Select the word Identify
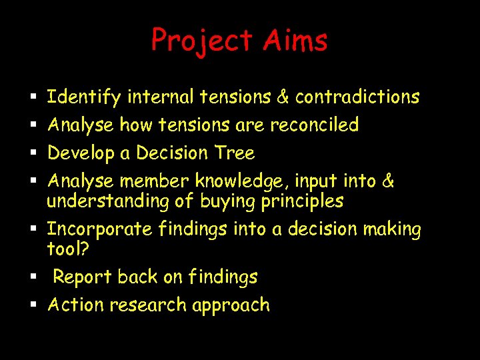point(84,97)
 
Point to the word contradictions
point(357,97)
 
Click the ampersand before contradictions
point(283,97)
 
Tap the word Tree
point(235,153)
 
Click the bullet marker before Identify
point(33,98)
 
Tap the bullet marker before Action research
point(33,306)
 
